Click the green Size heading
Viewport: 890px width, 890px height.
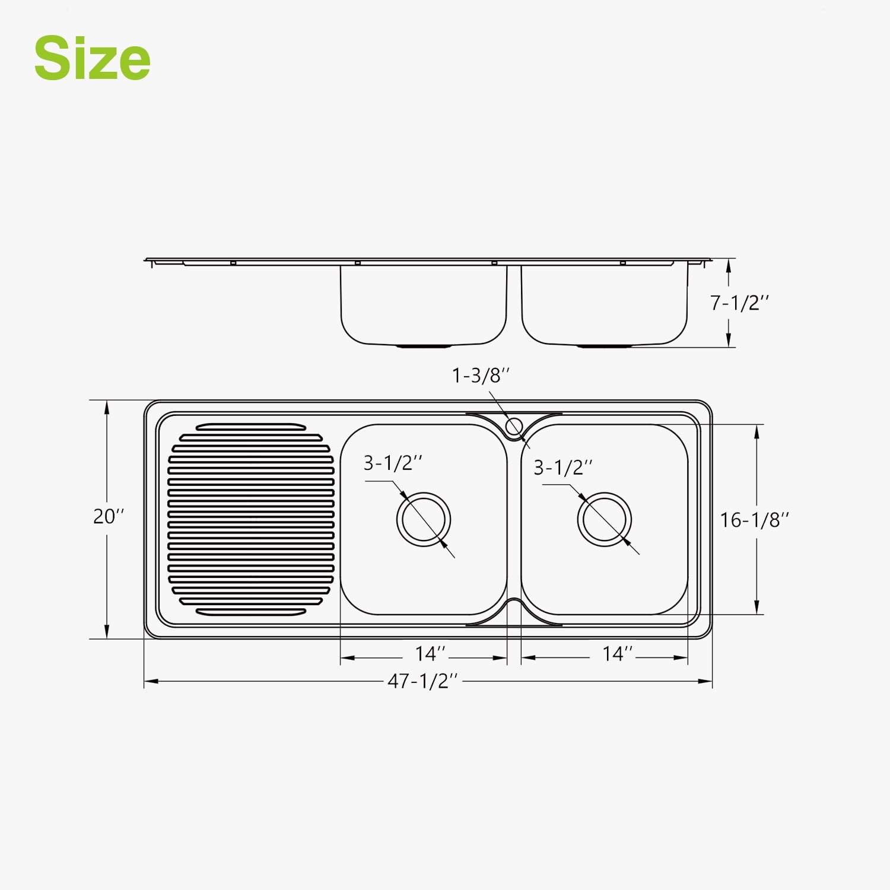(x=92, y=58)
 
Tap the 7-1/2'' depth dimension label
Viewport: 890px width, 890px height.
(x=739, y=303)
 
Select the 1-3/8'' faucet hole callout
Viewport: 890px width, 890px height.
(x=481, y=375)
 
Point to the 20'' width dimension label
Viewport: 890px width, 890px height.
(x=109, y=516)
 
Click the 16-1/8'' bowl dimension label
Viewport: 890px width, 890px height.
(x=755, y=520)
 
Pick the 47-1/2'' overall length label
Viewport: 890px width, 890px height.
(x=423, y=681)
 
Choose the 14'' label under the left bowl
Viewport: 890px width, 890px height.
(x=430, y=654)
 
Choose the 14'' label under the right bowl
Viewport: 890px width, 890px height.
(x=618, y=654)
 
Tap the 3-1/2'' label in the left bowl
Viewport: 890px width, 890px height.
(x=393, y=463)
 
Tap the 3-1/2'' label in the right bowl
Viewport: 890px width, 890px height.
(x=563, y=468)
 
